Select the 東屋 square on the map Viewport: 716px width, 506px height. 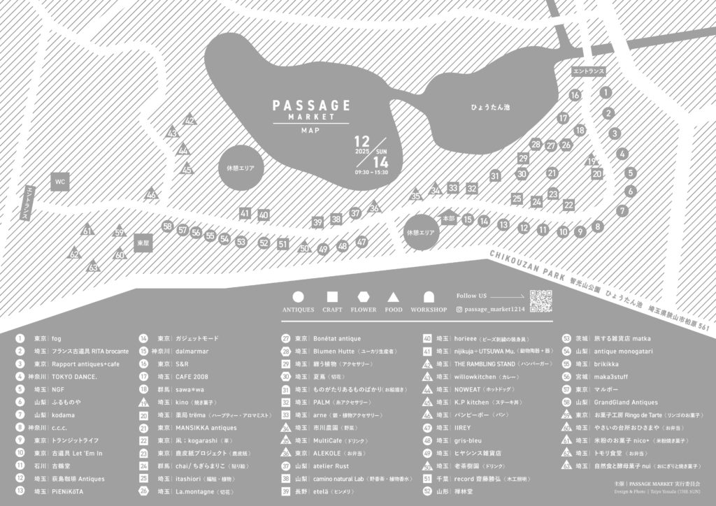(142, 242)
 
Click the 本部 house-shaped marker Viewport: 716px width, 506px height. (449, 218)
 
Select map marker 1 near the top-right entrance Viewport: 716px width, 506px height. (606, 92)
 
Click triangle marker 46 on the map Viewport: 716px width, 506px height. (151, 195)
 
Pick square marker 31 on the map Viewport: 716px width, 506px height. (496, 175)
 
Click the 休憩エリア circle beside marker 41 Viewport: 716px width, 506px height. (241, 168)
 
